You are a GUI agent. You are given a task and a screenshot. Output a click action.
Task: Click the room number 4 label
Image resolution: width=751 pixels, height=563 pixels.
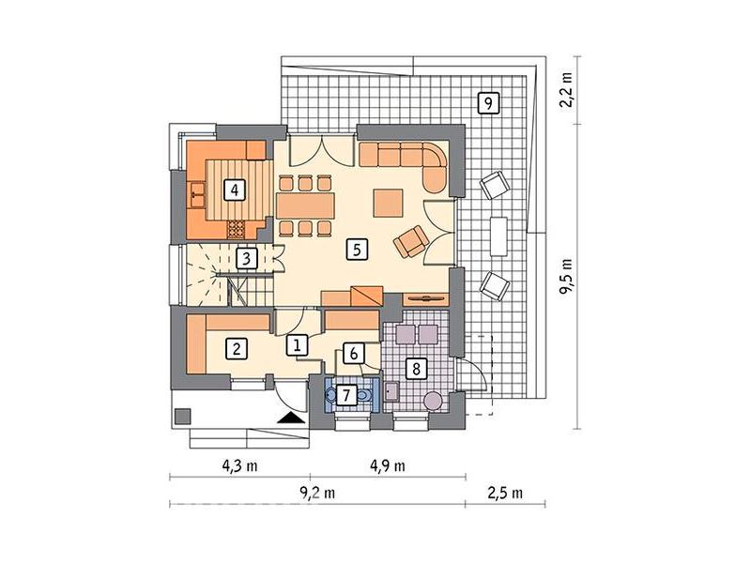coord(234,190)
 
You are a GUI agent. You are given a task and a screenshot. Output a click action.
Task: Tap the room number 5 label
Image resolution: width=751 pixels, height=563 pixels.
coord(357,250)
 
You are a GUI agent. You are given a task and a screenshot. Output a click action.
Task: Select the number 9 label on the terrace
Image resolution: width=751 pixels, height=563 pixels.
coord(488,103)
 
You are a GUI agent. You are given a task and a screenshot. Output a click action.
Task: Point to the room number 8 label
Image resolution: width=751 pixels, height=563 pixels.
coord(416,369)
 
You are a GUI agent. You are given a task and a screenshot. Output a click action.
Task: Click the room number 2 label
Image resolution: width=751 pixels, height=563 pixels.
coord(237,349)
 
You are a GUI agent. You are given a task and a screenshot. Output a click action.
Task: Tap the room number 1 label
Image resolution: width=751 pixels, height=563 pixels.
coord(297,344)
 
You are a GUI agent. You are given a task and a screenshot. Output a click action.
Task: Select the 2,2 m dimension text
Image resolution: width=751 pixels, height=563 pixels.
coord(567,90)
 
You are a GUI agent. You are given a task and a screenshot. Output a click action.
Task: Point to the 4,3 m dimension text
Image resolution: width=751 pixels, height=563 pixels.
coord(239,465)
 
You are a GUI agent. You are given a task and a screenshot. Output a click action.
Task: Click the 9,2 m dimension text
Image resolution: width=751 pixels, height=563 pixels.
coord(317,493)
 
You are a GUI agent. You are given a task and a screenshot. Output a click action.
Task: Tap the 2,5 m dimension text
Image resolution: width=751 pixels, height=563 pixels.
coord(505,493)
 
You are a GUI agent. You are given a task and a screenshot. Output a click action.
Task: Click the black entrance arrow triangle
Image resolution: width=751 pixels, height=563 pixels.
coord(291,418)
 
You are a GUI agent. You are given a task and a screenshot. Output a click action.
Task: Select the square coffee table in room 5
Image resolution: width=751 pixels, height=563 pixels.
coord(388,203)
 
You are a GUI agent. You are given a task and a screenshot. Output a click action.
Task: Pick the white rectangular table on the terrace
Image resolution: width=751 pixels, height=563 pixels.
coord(498,236)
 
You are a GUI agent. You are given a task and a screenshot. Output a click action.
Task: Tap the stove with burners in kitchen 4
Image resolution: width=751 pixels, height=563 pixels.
coord(236,229)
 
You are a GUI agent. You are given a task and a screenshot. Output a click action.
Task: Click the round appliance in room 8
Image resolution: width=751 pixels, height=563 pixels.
coord(435,401)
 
